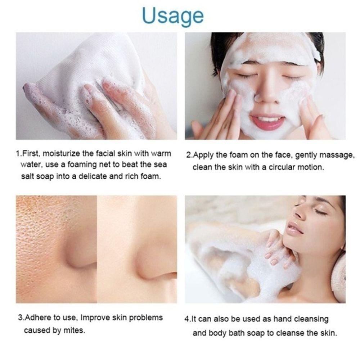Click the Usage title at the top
tap(173, 15)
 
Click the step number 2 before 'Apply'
tap(188, 156)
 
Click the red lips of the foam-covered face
tap(268, 122)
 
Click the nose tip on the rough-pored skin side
tap(81, 257)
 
